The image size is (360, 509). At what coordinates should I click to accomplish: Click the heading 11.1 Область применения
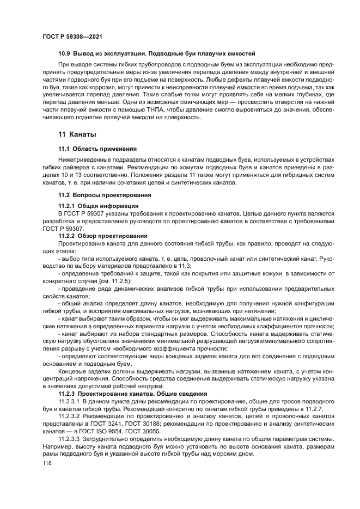(97, 148)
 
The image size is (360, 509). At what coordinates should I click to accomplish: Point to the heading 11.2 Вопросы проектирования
(105, 194)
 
